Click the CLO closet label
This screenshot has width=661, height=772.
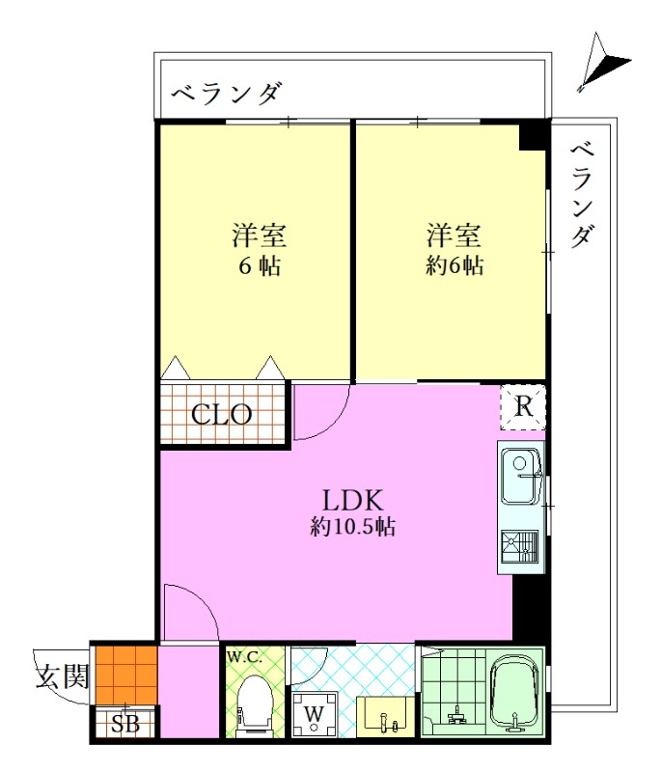[x=222, y=415]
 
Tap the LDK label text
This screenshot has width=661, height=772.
[x=352, y=500]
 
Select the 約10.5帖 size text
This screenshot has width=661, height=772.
[x=352, y=527]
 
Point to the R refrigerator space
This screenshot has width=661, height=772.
[x=523, y=407]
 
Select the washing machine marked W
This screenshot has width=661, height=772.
[x=314, y=714]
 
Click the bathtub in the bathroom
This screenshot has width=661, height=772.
[x=515, y=692]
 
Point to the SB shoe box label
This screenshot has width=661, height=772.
[x=125, y=724]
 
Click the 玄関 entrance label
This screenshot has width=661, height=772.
[x=63, y=676]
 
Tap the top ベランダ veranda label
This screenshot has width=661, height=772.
[x=228, y=93]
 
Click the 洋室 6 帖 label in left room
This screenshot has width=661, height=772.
[x=260, y=250]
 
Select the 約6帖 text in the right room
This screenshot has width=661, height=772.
[x=454, y=266]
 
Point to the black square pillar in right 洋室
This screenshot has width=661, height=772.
[x=533, y=135]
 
